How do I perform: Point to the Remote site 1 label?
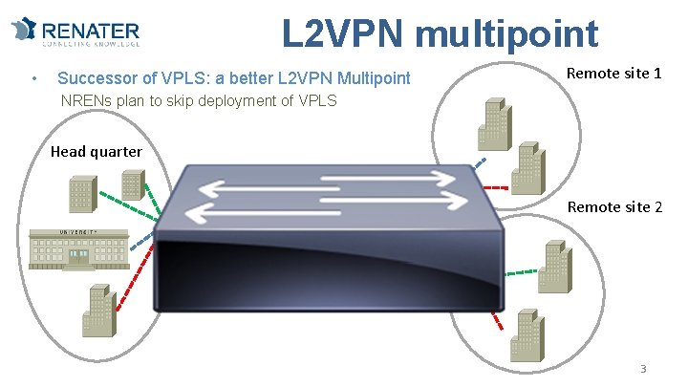point(614,73)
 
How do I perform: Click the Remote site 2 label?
point(614,206)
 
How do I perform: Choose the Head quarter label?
point(96,151)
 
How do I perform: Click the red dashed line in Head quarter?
point(133,282)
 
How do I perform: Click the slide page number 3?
point(643,370)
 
